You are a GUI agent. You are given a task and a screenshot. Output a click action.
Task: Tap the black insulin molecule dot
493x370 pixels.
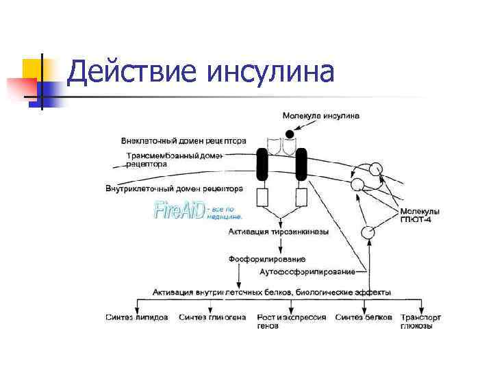(x=290, y=133)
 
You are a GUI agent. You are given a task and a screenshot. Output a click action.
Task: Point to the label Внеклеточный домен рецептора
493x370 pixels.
(x=183, y=141)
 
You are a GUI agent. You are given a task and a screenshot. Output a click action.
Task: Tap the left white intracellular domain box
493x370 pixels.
(x=263, y=198)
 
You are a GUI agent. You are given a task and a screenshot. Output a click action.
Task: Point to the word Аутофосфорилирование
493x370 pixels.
(x=307, y=272)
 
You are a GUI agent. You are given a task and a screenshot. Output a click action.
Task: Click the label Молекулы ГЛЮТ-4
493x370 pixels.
(x=420, y=214)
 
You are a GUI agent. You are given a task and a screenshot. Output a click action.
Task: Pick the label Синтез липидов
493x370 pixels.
(x=137, y=318)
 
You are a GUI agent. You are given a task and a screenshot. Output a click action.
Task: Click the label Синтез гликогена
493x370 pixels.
(x=212, y=318)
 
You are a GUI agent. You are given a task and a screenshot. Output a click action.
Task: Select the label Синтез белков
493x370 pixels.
(x=364, y=318)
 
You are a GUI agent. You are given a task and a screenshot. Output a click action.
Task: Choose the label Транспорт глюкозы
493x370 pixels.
(x=420, y=322)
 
